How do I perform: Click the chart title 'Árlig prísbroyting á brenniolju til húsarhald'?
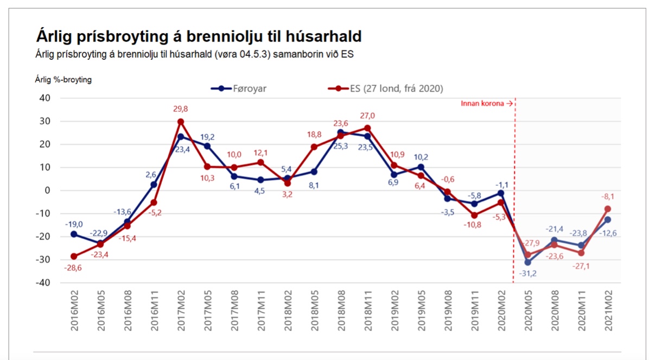(199, 36)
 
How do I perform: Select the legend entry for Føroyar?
(239, 89)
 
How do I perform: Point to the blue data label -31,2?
(527, 273)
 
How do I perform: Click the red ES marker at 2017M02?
(181, 122)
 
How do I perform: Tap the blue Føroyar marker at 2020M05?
(527, 262)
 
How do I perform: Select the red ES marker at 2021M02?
(607, 209)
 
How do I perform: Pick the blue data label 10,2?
(421, 157)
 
